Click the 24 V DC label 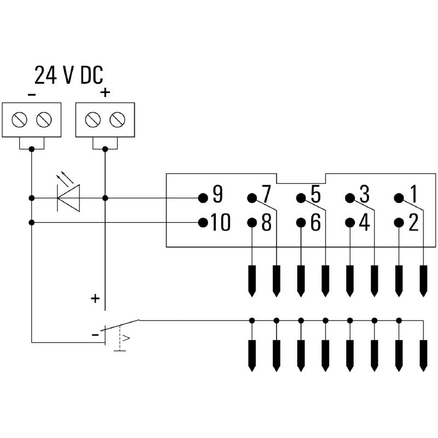[x=68, y=75]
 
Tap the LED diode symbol [x=68, y=197]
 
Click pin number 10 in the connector [x=203, y=222]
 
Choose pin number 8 [x=252, y=222]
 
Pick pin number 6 [x=301, y=222]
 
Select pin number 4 [x=349, y=222]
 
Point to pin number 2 [x=399, y=222]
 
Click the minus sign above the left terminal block [x=32, y=94]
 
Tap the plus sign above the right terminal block [x=105, y=93]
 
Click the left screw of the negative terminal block [x=20, y=119]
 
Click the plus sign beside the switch [x=95, y=298]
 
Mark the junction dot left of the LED [x=32, y=197]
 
